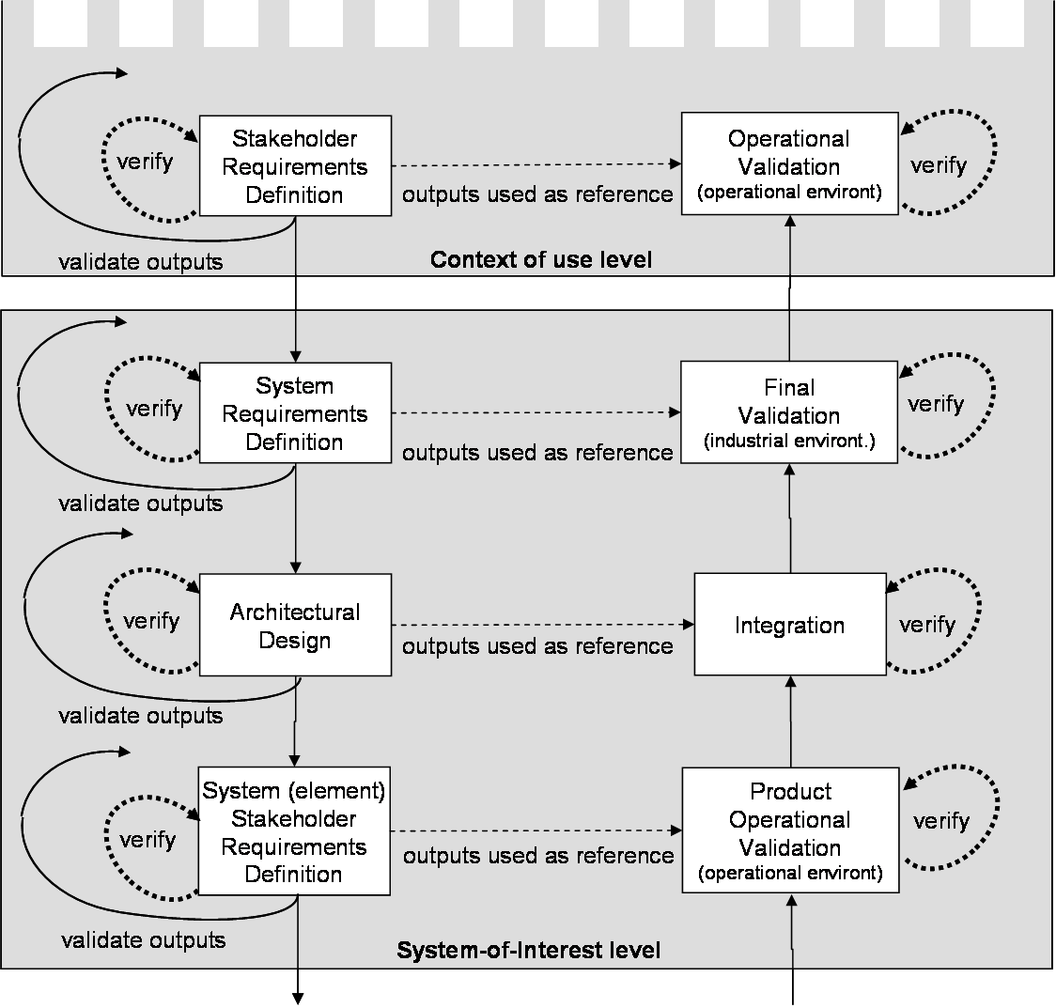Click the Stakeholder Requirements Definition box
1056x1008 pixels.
[295, 166]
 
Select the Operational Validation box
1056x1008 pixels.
[789, 163]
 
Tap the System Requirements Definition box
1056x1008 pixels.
[295, 413]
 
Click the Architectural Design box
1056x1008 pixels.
[295, 626]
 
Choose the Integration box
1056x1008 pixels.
[789, 626]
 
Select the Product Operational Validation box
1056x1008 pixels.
[789, 830]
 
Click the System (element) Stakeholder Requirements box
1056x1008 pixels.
[294, 830]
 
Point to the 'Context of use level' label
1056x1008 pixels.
[540, 259]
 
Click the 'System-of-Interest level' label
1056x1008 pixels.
[528, 951]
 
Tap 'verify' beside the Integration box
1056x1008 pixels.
[927, 625]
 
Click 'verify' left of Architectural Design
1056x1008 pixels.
[151, 621]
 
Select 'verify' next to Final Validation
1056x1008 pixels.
[937, 404]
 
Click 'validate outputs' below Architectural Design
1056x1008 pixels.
[141, 716]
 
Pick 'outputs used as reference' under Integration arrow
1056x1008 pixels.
[537, 646]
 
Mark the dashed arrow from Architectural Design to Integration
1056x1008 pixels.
[540, 625]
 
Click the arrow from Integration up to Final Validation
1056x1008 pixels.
[789, 526]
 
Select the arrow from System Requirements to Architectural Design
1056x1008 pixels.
[296, 517]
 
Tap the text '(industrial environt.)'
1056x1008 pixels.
[789, 441]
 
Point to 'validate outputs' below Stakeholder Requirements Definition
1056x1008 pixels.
[141, 261]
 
